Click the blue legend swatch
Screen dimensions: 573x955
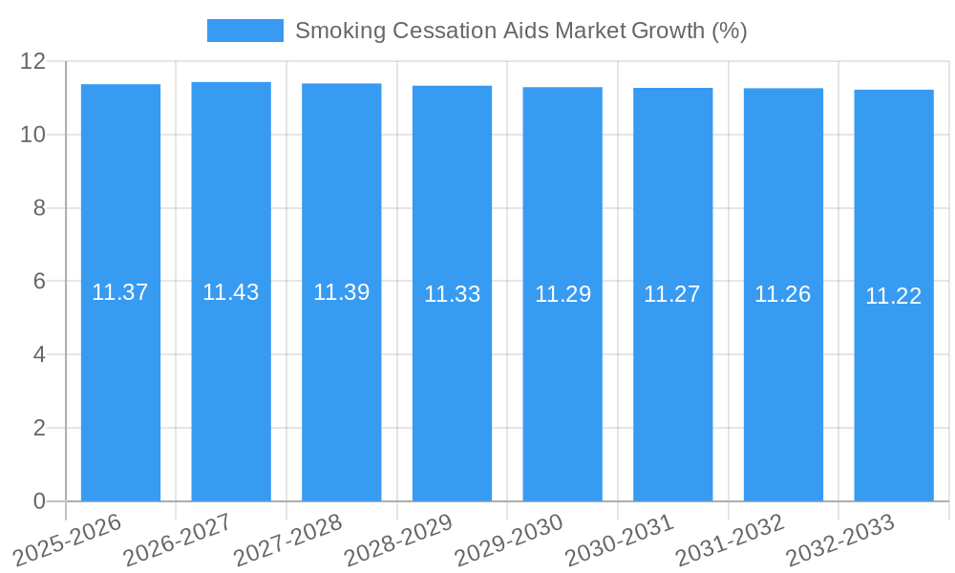pos(244,31)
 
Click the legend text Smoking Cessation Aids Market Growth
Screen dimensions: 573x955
pos(520,31)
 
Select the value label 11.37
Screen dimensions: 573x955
pos(120,292)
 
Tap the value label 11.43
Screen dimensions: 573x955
pos(231,292)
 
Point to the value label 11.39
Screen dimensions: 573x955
pos(342,292)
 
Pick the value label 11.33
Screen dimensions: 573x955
pos(453,294)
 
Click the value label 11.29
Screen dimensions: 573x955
pos(562,294)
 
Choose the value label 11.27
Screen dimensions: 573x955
pos(672,294)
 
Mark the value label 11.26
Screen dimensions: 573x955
pos(783,294)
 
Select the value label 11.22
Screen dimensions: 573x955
pos(894,296)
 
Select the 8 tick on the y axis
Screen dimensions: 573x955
pos(39,208)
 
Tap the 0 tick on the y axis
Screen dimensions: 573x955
pos(39,501)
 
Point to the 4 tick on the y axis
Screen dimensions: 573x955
pos(39,354)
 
